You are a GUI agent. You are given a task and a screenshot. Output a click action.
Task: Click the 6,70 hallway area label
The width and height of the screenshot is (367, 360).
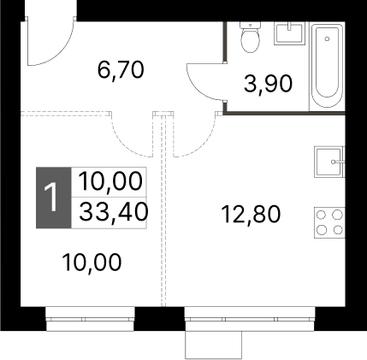(121, 70)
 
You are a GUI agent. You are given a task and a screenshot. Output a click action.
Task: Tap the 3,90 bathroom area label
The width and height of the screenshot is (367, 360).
(268, 84)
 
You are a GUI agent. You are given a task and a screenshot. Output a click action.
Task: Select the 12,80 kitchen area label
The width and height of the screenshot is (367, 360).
(251, 215)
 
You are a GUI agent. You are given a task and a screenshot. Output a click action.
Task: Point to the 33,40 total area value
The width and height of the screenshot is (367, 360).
(113, 212)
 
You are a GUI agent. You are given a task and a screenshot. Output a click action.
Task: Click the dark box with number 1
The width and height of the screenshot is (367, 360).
(53, 198)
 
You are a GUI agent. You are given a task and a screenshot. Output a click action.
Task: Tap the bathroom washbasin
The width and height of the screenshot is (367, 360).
(289, 33)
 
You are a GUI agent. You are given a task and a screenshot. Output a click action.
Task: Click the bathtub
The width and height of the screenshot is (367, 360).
(327, 67)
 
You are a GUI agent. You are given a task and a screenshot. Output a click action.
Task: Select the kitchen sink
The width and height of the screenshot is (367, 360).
(329, 162)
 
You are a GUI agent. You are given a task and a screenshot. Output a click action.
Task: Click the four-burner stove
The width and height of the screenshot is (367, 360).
(329, 222)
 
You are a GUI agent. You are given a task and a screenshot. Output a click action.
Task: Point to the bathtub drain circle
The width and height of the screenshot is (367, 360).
(327, 38)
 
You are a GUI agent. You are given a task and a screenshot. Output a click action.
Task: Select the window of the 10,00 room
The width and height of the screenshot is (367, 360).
(90, 319)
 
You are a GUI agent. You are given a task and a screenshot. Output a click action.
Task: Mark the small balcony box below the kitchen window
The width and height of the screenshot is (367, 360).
(213, 345)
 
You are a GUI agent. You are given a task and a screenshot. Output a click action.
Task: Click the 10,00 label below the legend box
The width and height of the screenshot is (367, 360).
(92, 263)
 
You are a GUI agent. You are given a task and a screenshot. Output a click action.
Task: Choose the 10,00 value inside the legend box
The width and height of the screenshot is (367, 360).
(110, 181)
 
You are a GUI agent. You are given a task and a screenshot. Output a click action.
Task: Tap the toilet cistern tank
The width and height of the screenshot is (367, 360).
(250, 25)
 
